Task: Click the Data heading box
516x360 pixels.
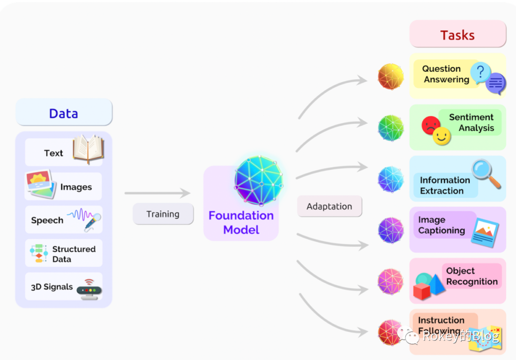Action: (x=64, y=113)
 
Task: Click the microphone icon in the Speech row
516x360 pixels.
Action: (x=93, y=222)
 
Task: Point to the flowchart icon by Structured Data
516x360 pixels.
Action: (x=39, y=253)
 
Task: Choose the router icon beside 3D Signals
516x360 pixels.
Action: (x=89, y=289)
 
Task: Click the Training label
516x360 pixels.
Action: (x=163, y=214)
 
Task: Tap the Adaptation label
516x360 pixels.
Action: (x=329, y=207)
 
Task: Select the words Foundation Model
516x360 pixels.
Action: (x=241, y=223)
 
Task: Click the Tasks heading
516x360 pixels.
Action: (x=457, y=35)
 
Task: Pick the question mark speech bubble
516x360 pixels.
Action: (x=481, y=72)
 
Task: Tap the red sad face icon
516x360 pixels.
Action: (x=431, y=125)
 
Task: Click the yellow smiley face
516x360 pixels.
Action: (x=442, y=136)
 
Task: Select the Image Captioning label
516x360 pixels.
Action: (x=441, y=225)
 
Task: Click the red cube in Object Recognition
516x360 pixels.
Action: (x=422, y=291)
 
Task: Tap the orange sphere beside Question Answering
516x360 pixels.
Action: (x=391, y=76)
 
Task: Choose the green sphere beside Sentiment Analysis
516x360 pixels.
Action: (x=391, y=128)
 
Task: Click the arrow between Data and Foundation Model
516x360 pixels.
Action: (x=157, y=193)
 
